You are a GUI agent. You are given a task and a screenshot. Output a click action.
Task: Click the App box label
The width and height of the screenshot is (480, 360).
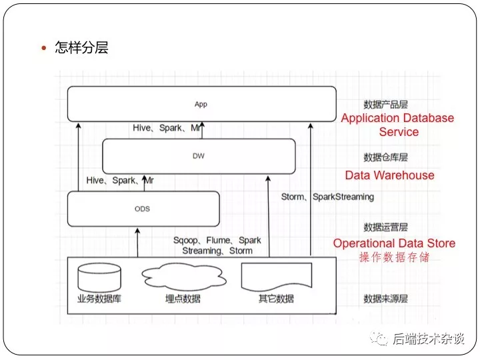tap(201, 105)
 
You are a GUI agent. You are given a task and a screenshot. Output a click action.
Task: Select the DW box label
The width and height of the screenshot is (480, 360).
tap(199, 156)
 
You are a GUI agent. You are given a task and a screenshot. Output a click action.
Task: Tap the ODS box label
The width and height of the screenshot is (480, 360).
tap(143, 209)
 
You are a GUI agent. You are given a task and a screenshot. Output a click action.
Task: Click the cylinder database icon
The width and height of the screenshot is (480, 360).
tap(99, 277)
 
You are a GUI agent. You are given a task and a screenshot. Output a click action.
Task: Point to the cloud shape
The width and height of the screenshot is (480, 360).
tap(184, 277)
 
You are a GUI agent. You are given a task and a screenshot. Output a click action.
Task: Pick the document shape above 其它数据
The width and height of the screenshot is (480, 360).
tap(277, 277)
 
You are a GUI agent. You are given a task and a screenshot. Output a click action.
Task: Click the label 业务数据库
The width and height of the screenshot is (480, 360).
tap(99, 299)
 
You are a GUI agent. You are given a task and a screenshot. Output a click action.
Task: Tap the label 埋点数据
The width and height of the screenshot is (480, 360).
tap(183, 299)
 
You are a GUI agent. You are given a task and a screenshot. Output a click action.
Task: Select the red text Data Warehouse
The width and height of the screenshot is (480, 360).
tap(390, 175)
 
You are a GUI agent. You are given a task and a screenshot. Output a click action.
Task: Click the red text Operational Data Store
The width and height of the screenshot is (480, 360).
tap(394, 243)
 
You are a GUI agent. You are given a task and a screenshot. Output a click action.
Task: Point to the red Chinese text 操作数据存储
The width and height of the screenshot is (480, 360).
tap(394, 257)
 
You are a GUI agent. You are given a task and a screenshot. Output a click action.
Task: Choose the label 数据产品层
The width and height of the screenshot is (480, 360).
tap(386, 105)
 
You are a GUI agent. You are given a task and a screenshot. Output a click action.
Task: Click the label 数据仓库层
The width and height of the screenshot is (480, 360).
tap(386, 157)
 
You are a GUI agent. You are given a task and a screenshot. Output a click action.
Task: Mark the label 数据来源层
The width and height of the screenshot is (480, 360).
tap(386, 299)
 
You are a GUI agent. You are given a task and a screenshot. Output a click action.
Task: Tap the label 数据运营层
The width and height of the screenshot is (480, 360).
tap(386, 227)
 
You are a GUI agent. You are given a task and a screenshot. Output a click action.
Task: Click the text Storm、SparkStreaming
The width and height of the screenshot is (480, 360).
tap(327, 197)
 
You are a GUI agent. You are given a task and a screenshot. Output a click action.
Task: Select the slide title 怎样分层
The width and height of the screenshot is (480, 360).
tap(81, 47)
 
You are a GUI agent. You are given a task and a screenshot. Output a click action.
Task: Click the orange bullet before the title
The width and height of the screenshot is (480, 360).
tap(44, 48)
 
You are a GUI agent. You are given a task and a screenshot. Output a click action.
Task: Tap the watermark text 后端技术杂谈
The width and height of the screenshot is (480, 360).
tap(429, 339)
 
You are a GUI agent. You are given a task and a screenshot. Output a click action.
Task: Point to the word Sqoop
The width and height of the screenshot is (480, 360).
tap(185, 241)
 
